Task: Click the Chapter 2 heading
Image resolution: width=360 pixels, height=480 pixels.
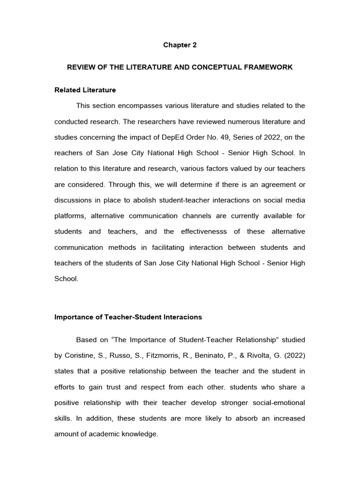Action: (180, 45)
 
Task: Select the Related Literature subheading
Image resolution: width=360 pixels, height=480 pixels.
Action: (85, 90)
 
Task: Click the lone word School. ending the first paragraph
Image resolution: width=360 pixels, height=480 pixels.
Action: (66, 279)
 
